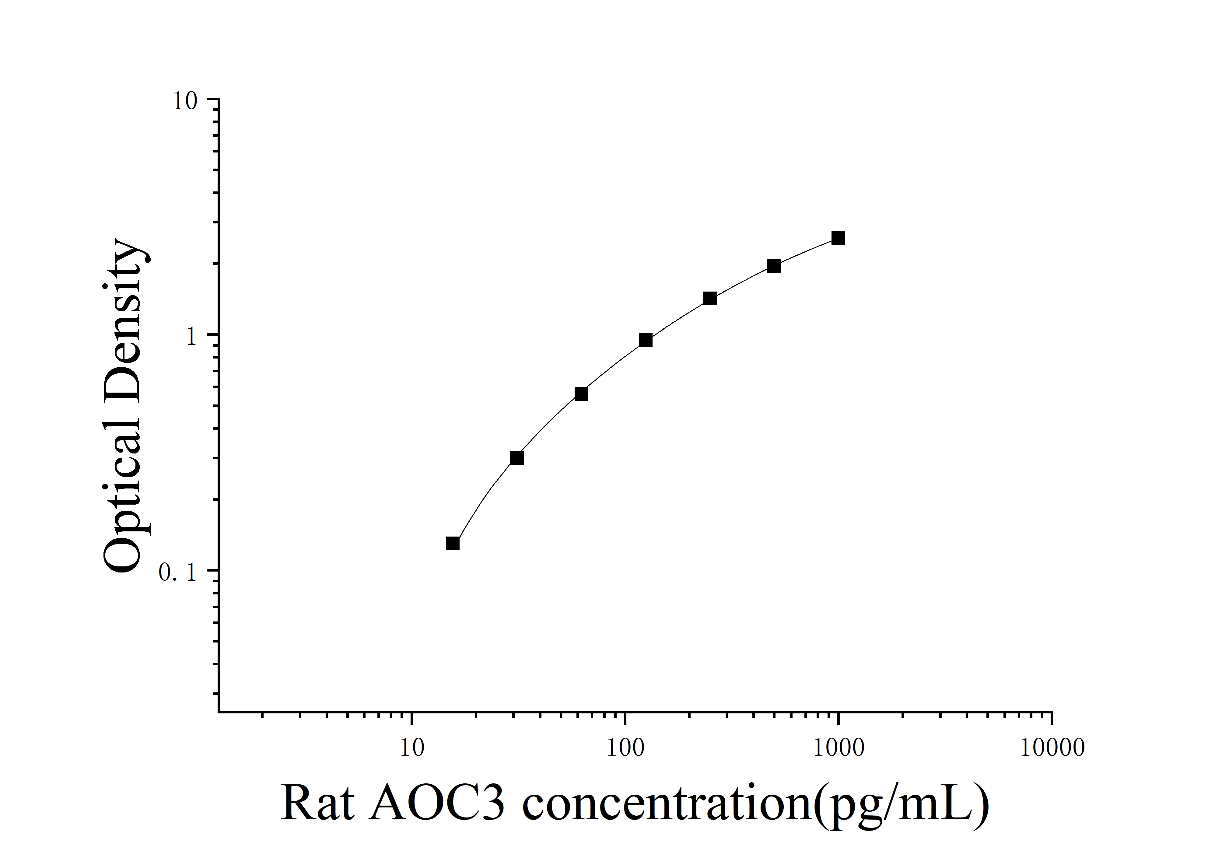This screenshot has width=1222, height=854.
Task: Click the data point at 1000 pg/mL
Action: coord(838,238)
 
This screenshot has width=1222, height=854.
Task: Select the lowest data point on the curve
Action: coord(452,543)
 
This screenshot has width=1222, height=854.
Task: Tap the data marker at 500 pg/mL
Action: coord(774,266)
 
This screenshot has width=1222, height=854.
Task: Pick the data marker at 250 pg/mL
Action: coord(709,299)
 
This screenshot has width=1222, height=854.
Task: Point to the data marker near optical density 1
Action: coord(646,340)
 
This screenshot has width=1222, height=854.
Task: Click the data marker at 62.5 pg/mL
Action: coord(581,394)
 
